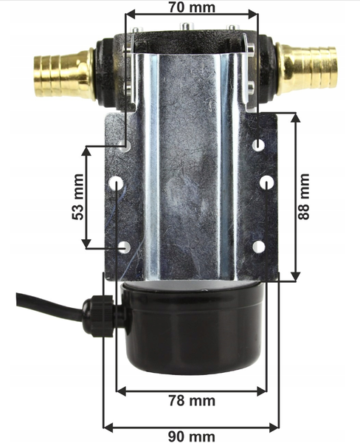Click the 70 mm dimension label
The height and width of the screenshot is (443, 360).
click(192, 7)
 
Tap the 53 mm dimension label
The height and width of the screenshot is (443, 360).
click(78, 197)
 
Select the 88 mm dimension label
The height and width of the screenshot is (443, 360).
click(304, 196)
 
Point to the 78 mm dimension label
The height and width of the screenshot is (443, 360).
click(192, 401)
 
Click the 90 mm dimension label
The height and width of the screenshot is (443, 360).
click(192, 436)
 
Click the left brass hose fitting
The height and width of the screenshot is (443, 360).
click(64, 73)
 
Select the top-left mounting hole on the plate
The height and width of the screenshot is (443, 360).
click(125, 145)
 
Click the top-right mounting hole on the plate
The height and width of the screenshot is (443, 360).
click(258, 145)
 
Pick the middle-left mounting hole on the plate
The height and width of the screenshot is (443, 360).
click(117, 183)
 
